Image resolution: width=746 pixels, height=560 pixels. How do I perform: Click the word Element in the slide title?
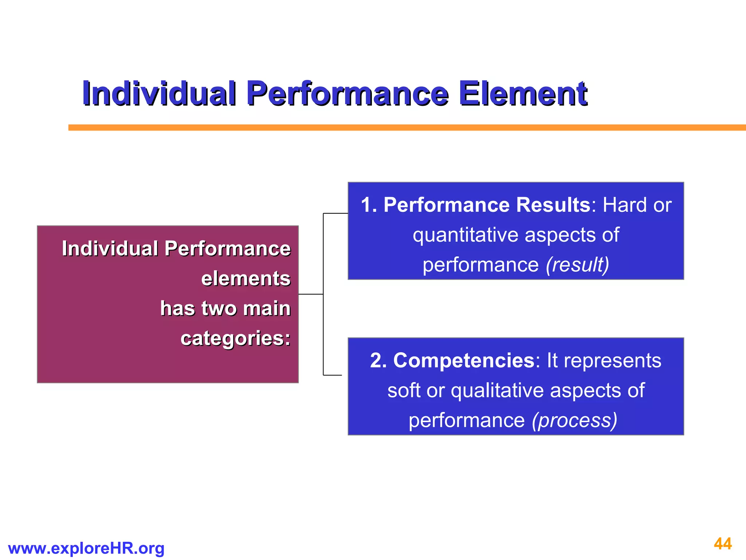(x=523, y=94)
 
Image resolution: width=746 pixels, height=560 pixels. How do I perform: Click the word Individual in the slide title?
(x=159, y=94)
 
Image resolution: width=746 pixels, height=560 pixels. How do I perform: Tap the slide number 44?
(x=723, y=544)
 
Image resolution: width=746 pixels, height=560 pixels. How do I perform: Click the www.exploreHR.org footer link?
(x=86, y=548)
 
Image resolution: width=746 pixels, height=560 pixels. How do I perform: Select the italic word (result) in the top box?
(x=577, y=264)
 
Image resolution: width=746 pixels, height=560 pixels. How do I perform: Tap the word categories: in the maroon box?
(x=236, y=338)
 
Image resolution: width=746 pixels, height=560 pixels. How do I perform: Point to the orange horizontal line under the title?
(x=401, y=127)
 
